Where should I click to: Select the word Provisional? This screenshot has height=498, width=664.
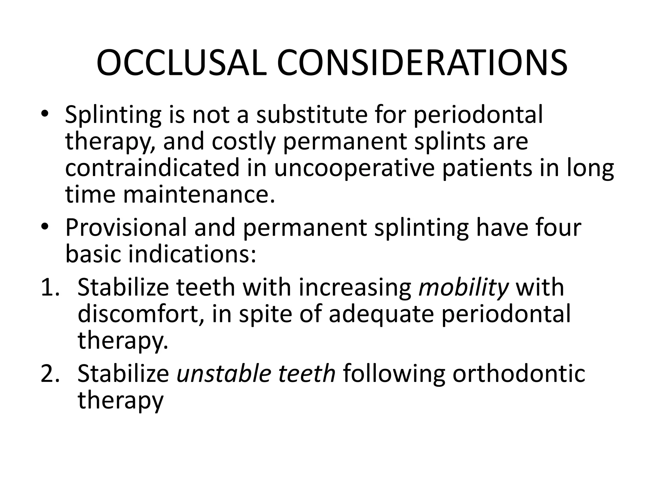(126, 228)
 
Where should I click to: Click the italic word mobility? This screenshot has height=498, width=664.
(463, 288)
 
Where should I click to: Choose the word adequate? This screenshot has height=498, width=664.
(381, 314)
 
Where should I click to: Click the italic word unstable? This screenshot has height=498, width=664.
(223, 374)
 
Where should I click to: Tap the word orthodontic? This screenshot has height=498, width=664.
(519, 374)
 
